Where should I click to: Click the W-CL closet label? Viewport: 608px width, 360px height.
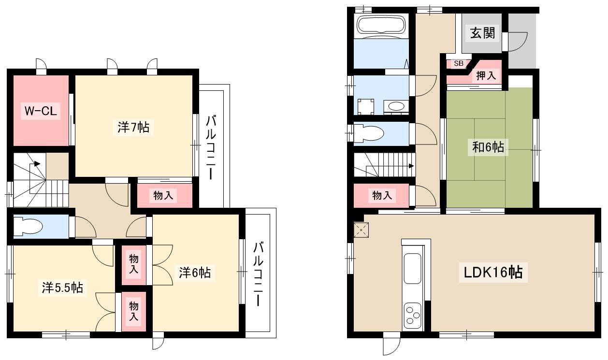click(41, 111)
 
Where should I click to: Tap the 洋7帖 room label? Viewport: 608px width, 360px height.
click(133, 127)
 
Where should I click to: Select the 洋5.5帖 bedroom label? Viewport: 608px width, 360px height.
click(62, 288)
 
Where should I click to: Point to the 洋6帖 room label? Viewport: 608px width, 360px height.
click(195, 273)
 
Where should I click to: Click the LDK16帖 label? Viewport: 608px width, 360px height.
click(493, 272)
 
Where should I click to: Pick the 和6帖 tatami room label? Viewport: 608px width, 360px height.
click(488, 147)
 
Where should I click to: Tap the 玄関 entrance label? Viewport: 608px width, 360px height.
click(482, 33)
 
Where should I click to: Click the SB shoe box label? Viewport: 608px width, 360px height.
click(459, 63)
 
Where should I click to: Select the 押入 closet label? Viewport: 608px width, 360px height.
click(486, 75)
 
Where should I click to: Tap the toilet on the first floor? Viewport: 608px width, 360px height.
click(369, 133)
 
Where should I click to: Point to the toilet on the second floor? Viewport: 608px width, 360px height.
click(28, 226)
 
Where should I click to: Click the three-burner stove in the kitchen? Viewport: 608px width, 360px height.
click(413, 317)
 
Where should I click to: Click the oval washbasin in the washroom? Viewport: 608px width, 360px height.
click(396, 106)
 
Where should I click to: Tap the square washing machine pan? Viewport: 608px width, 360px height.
click(365, 107)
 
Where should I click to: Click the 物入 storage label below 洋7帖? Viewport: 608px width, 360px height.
click(163, 195)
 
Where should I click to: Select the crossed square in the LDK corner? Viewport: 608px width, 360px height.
click(361, 230)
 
